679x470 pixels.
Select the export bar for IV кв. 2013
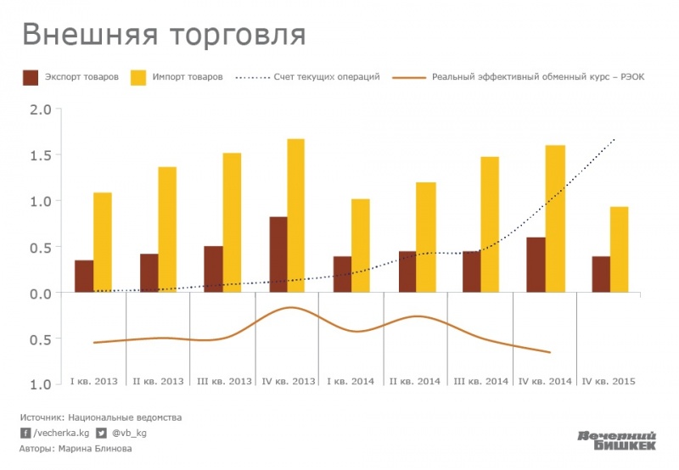click(x=278, y=255)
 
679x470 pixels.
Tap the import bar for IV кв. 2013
click(x=295, y=215)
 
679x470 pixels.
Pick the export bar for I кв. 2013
click(x=84, y=276)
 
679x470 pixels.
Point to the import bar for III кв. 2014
click(x=491, y=225)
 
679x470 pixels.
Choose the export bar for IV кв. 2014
click(x=536, y=265)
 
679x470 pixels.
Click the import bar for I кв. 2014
click(x=361, y=246)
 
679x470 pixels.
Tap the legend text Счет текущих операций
click(x=327, y=76)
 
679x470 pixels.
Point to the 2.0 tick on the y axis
click(x=41, y=109)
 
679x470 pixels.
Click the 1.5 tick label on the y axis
click(x=41, y=155)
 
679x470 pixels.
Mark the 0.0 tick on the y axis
click(x=41, y=294)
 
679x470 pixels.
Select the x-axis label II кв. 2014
click(x=415, y=382)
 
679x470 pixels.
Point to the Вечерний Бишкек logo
click(x=617, y=441)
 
